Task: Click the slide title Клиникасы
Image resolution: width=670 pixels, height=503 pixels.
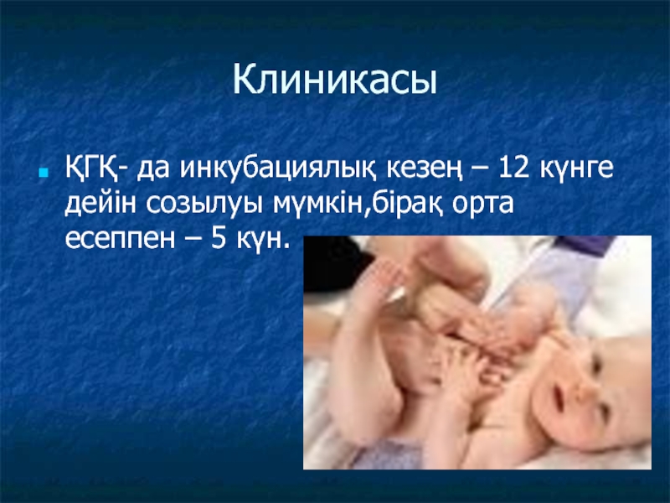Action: point(335,80)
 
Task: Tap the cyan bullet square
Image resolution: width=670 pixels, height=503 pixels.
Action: point(43,173)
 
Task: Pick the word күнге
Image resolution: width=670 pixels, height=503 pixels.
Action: point(576,169)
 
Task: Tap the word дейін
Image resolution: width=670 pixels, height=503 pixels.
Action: point(100,203)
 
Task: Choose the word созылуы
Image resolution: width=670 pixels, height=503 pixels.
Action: point(204,205)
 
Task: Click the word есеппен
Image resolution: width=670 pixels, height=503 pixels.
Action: point(120,240)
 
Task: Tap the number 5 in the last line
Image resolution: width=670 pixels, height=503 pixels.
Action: point(219,238)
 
